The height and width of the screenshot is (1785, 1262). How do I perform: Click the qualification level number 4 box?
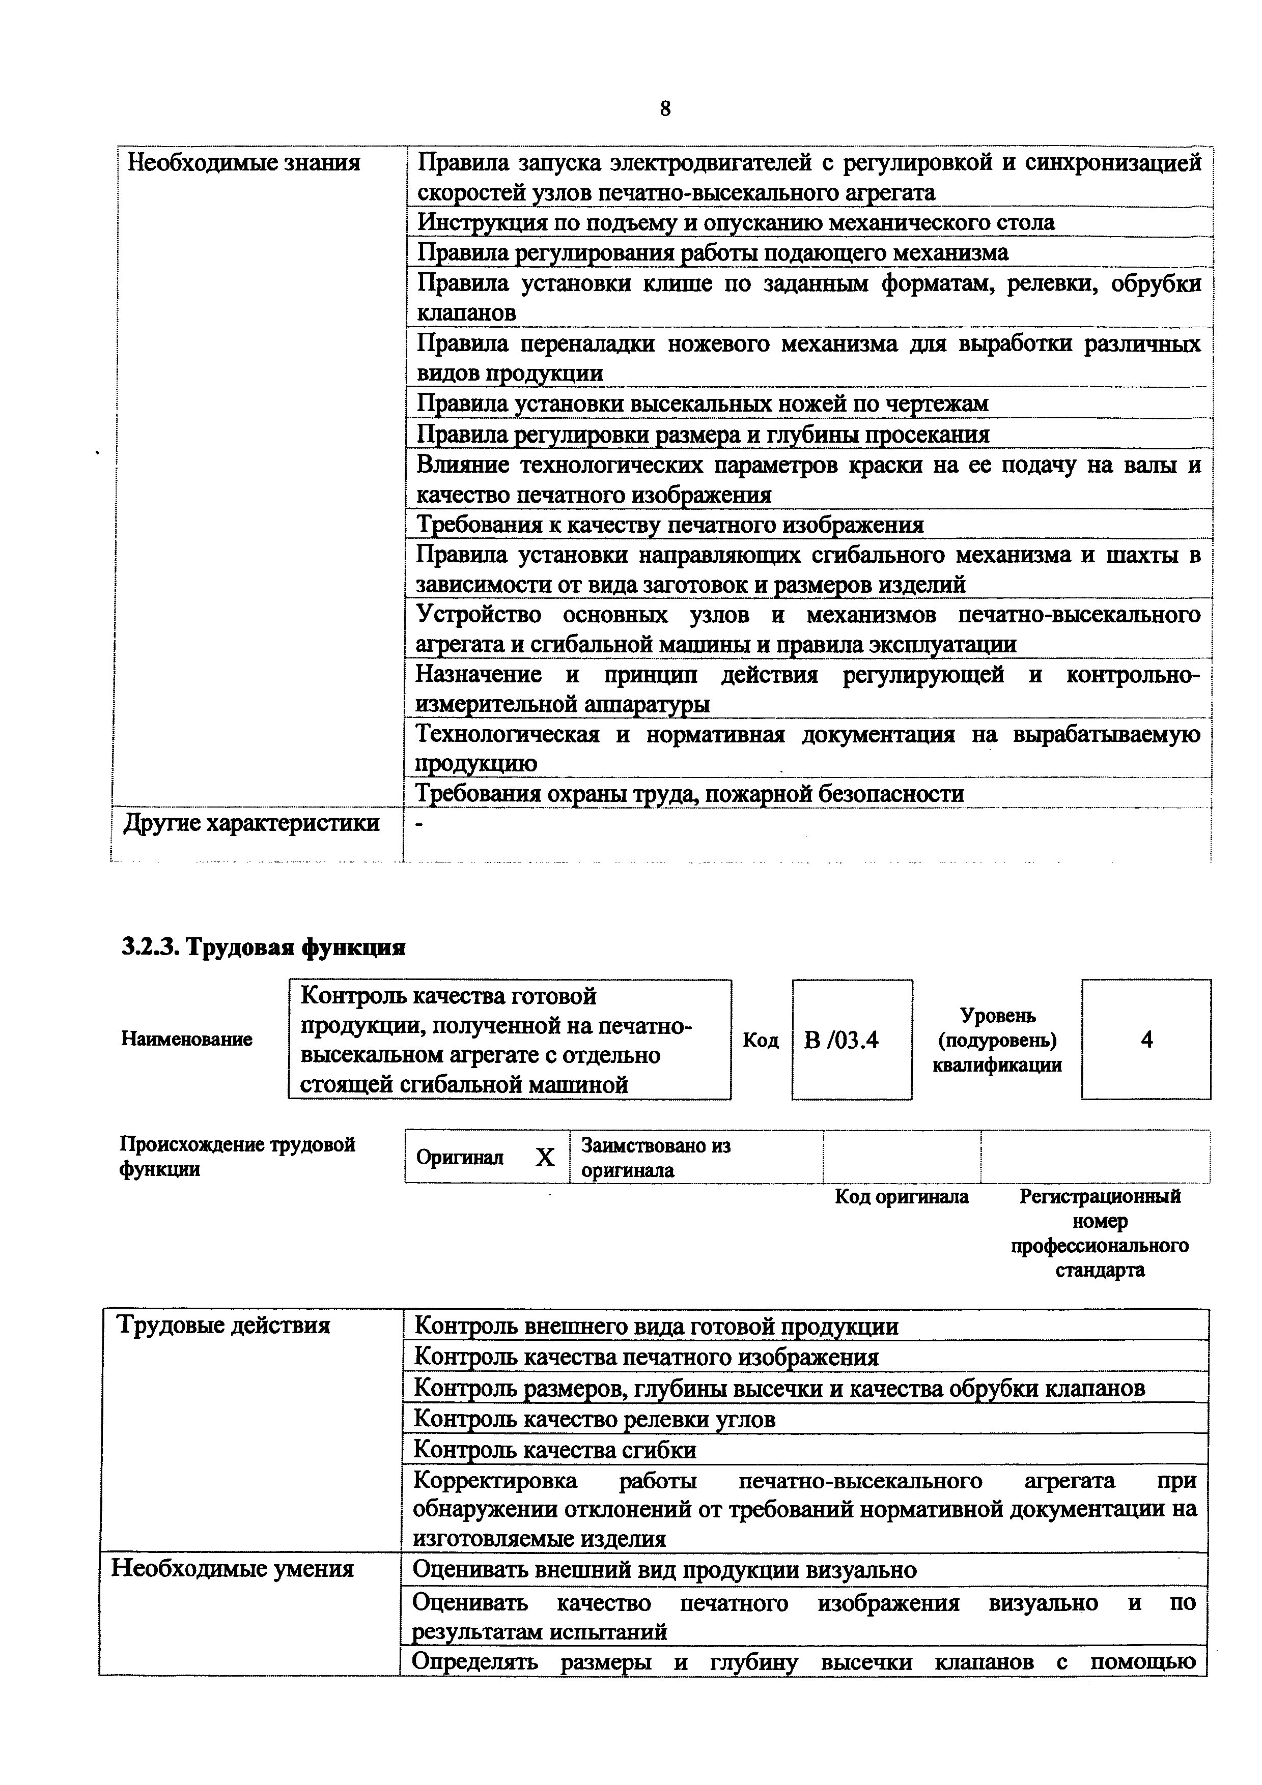tap(1146, 1040)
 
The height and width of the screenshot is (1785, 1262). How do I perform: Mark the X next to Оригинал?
tap(545, 1159)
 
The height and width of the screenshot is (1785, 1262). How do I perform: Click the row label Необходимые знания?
tap(243, 163)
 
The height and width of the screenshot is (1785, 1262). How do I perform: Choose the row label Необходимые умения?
tap(233, 1569)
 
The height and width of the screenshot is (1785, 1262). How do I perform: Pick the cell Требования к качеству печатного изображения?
tap(670, 525)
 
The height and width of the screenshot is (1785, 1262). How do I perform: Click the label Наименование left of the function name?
tap(187, 1040)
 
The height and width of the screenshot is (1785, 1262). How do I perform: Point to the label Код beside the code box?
tap(761, 1040)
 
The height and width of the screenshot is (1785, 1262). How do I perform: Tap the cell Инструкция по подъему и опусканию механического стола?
tap(736, 223)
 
